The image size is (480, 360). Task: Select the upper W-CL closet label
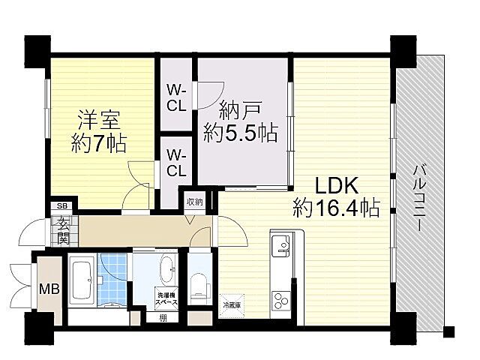[x=176, y=98]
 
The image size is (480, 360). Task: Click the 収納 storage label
[x=193, y=202]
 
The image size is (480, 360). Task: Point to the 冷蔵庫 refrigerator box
[x=232, y=304]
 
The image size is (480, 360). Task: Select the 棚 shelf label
[x=163, y=317]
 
